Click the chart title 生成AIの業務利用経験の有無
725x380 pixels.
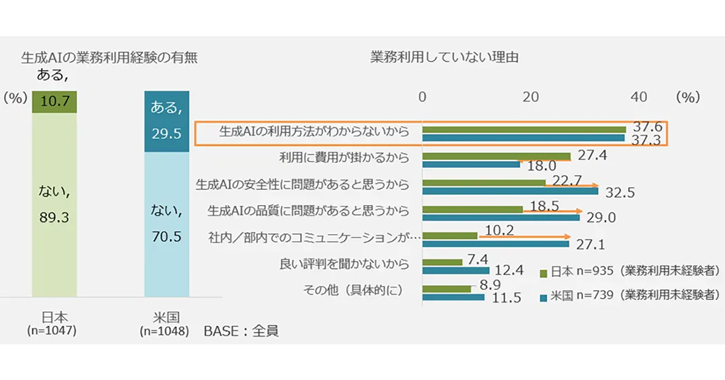pos(109,59)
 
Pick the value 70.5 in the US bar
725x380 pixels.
pos(167,237)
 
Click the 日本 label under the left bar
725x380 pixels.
pos(51,318)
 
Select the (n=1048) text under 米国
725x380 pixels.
pos(165,331)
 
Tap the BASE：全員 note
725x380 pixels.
pos(241,331)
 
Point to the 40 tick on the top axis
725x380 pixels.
pos(638,97)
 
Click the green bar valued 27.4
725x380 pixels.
pos(496,156)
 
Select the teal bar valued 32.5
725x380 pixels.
pos(510,191)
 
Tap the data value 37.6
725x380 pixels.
pos(648,128)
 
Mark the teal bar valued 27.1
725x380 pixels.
pos(495,244)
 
